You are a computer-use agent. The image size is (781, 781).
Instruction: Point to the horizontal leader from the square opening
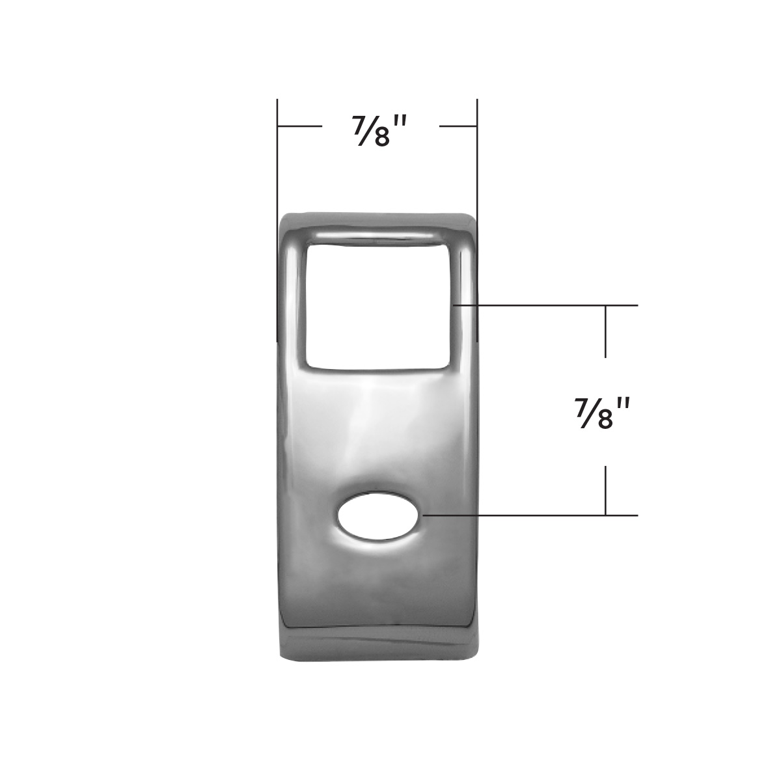pyautogui.click(x=547, y=305)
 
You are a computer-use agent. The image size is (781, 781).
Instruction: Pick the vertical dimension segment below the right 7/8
pyautogui.click(x=606, y=490)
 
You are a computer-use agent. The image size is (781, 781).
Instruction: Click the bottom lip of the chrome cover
pyautogui.click(x=378, y=641)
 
